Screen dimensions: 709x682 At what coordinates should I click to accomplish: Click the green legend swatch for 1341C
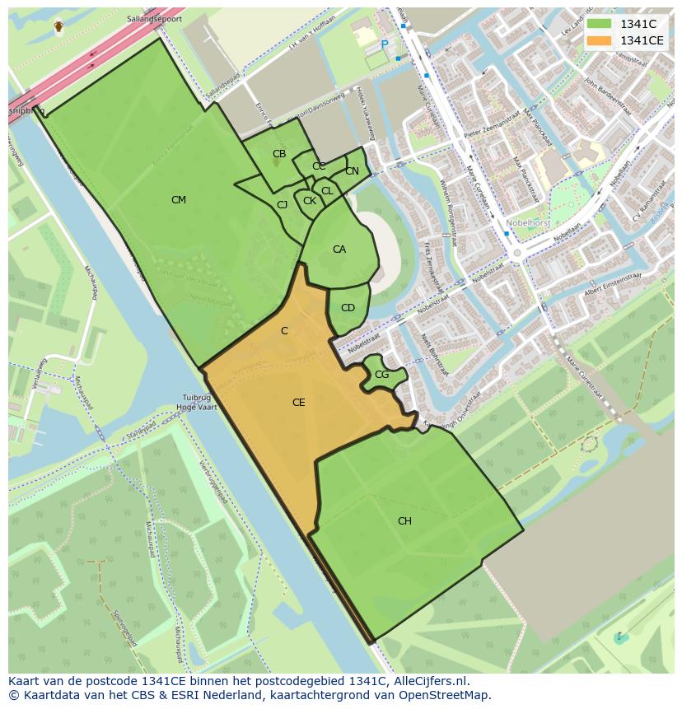click(x=600, y=24)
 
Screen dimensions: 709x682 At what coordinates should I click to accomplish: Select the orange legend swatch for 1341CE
click(x=600, y=40)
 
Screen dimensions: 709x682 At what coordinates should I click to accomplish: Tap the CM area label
click(x=179, y=200)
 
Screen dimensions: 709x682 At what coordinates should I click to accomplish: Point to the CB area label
click(x=279, y=154)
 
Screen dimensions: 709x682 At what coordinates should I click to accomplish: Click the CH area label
click(x=404, y=521)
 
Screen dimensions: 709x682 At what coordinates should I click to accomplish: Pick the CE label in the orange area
click(x=299, y=403)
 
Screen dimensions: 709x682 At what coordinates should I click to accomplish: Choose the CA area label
click(x=339, y=250)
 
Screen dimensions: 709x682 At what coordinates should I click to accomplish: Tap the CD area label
click(x=348, y=308)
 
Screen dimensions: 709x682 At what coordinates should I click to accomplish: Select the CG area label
click(x=381, y=375)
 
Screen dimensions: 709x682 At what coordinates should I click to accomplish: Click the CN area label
click(x=352, y=171)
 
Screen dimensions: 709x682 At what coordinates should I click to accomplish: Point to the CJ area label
click(x=282, y=205)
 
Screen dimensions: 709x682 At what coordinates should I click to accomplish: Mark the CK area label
click(x=310, y=201)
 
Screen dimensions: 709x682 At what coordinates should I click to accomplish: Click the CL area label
click(x=327, y=191)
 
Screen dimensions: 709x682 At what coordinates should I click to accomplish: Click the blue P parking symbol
click(x=384, y=45)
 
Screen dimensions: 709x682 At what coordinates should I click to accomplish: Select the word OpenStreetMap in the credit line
click(x=451, y=695)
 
